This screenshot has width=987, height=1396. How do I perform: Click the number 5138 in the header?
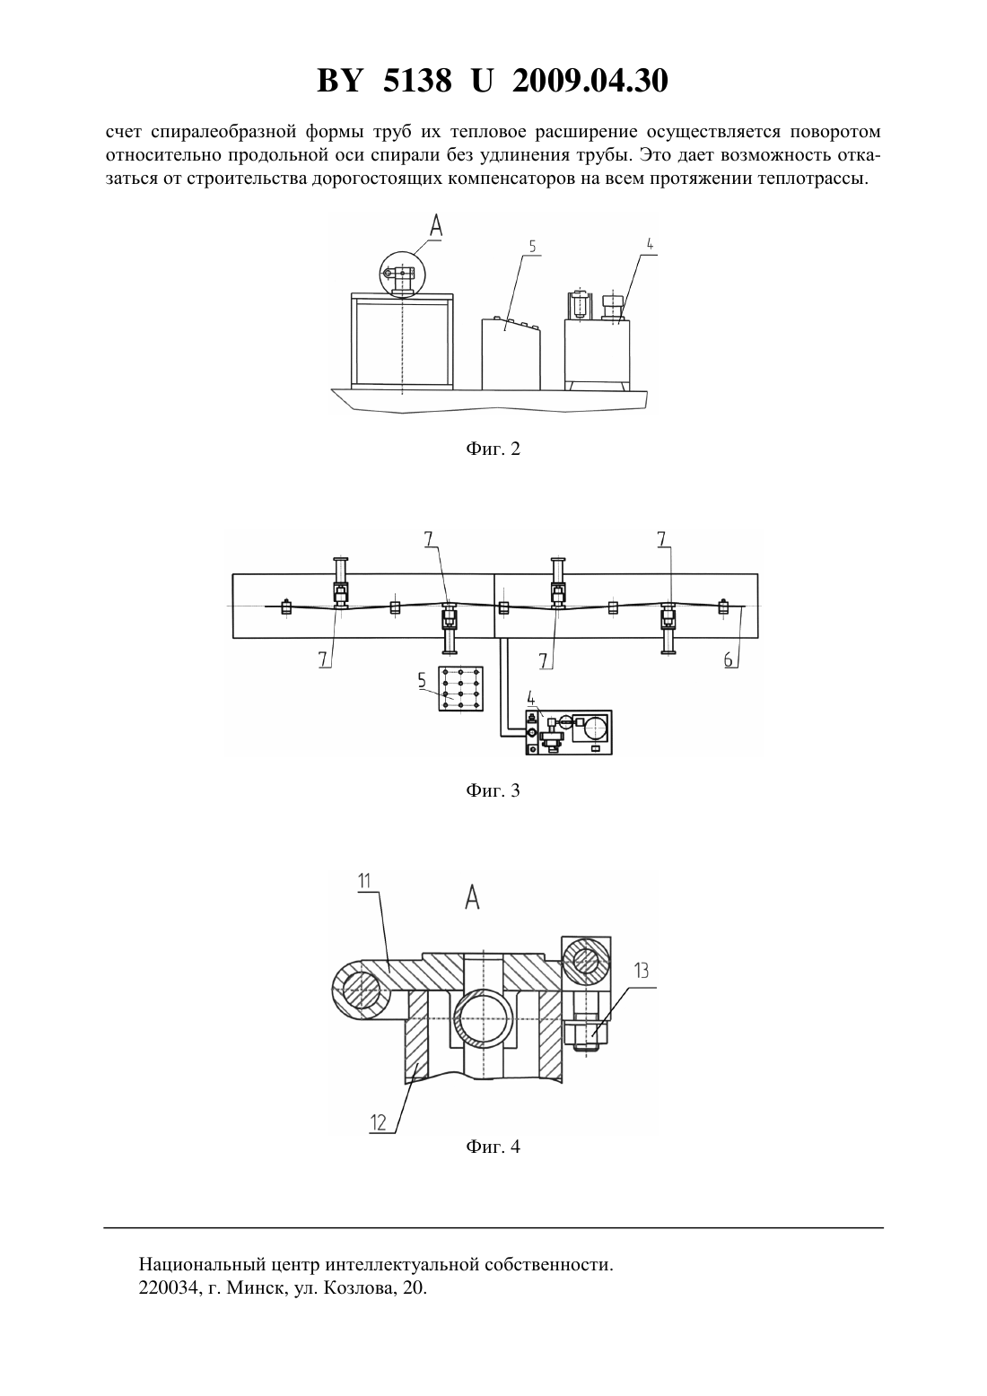pos(416,81)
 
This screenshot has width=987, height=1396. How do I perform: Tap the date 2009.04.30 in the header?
pos(590,81)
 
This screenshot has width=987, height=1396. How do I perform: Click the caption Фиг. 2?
pos(493,449)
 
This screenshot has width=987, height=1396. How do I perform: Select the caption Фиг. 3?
pos(493,791)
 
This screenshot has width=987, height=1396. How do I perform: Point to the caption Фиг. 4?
pos(493,1146)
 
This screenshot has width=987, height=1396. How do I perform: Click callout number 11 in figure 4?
pos(364,881)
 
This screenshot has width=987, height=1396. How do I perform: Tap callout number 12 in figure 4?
pos(379,1122)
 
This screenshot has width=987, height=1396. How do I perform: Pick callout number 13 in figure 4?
pos(642,971)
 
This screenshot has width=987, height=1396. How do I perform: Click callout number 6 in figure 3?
pos(729,659)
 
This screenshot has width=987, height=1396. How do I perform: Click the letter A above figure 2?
pos(436,225)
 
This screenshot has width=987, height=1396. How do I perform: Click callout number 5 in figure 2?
pos(532,247)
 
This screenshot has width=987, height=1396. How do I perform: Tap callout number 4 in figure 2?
pos(650,244)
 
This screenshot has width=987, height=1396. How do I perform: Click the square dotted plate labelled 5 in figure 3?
pos(461,689)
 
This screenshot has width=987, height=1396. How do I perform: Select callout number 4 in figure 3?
pos(531,697)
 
